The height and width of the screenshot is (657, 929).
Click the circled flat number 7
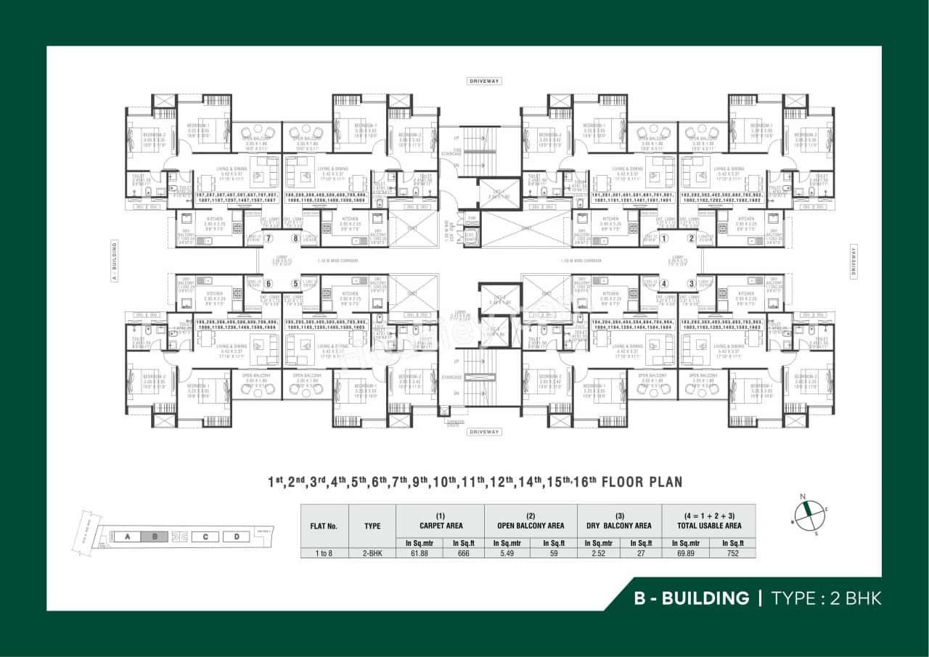tap(269, 238)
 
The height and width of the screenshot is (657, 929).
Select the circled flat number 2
tap(691, 238)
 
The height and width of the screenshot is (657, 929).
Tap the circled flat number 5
tap(295, 284)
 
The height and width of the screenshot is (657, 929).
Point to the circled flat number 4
tap(664, 284)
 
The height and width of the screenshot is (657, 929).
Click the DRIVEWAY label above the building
tap(484, 81)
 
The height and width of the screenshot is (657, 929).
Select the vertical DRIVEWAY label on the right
tap(854, 260)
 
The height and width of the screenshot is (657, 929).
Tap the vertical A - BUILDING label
tap(114, 260)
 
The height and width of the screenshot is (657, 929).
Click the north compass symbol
tap(806, 513)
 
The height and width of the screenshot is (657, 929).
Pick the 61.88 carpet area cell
tap(418, 553)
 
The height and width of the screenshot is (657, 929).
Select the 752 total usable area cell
tap(732, 553)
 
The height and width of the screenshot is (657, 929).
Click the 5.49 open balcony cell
tap(507, 553)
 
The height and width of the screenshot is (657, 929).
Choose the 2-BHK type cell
tap(372, 553)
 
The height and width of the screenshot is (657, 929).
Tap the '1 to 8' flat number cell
tap(324, 553)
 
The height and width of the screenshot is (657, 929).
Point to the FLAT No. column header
tap(324, 526)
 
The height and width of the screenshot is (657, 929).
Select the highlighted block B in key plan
tap(154, 537)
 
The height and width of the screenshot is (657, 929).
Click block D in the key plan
tap(236, 537)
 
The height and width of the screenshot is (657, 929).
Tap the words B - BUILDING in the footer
tap(691, 598)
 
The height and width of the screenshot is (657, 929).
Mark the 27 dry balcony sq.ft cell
tap(641, 553)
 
